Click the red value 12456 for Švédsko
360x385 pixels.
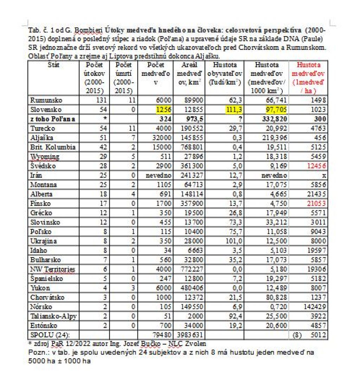(x=317, y=165)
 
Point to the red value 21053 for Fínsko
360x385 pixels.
(x=317, y=203)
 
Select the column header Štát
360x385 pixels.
(x=53, y=65)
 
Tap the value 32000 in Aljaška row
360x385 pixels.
(x=162, y=137)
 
